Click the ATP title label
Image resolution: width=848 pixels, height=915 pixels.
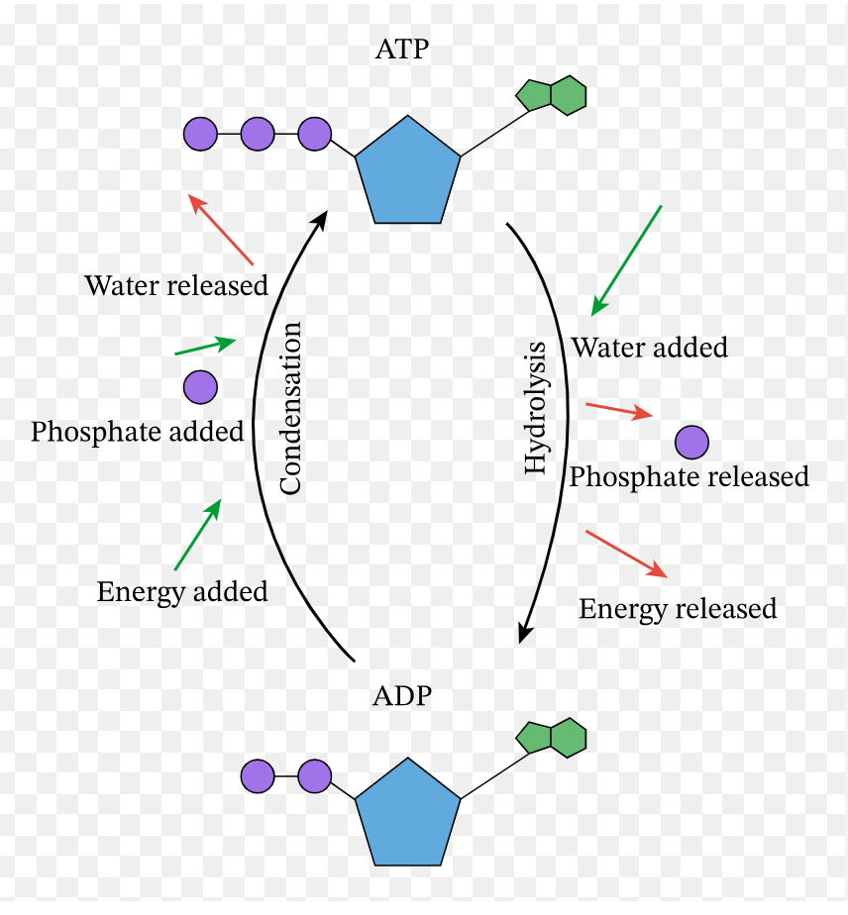click(402, 50)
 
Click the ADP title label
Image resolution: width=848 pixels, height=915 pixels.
click(402, 695)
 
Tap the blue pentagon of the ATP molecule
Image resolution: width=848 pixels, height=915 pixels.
click(407, 172)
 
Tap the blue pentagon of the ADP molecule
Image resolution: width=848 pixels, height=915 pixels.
click(407, 814)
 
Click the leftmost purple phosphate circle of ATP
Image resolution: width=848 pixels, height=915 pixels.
click(200, 134)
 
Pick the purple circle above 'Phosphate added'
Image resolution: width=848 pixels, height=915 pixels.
click(200, 387)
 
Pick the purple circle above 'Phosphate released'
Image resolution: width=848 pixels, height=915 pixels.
click(691, 442)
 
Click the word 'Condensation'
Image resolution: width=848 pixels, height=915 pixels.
click(290, 408)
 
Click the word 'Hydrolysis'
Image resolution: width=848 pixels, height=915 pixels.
click(536, 408)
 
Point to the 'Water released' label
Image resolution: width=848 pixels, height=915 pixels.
click(176, 286)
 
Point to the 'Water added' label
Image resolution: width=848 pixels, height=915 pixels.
click(649, 348)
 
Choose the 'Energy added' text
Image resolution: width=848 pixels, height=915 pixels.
click(182, 592)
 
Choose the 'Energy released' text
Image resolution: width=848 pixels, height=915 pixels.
click(678, 608)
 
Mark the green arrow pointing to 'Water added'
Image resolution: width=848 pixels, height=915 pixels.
click(626, 260)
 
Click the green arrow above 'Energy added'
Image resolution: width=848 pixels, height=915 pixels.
click(198, 535)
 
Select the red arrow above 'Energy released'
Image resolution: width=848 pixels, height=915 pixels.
click(626, 555)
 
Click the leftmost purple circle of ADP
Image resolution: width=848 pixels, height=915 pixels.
click(258, 776)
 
